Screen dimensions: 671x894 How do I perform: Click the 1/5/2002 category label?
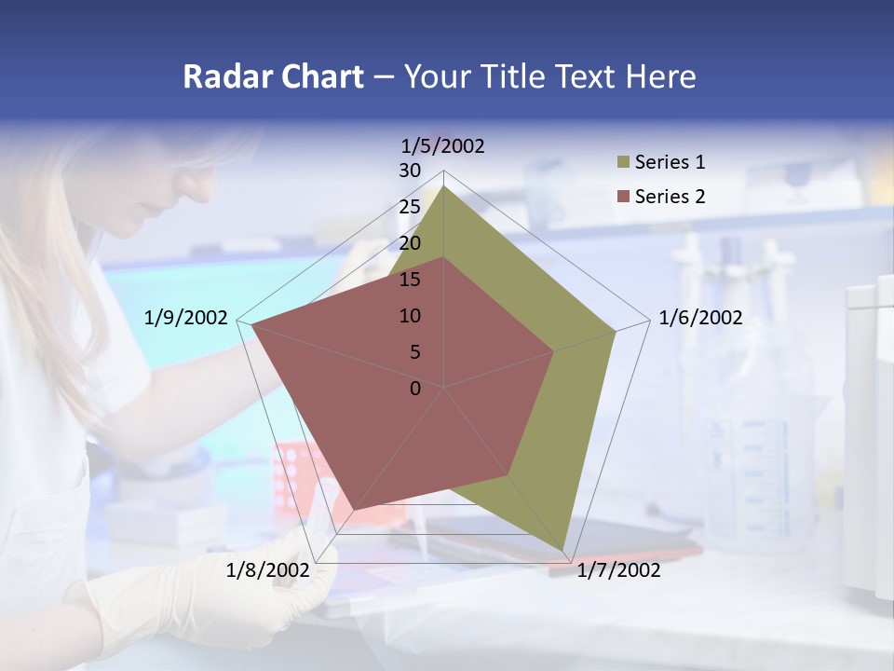click(443, 146)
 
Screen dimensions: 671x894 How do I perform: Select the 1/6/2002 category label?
click(700, 318)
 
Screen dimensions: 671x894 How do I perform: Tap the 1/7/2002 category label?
click(618, 569)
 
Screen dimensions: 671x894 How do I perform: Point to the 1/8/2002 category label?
click(268, 569)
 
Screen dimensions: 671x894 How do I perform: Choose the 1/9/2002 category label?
click(186, 318)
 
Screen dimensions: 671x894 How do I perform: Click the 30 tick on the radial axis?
click(410, 171)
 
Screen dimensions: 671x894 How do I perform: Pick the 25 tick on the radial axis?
click(410, 207)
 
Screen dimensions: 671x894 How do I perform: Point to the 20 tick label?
click(410, 243)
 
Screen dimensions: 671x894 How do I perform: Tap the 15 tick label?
click(410, 280)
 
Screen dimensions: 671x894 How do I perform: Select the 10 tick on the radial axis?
click(410, 316)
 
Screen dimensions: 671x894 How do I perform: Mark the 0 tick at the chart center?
click(415, 389)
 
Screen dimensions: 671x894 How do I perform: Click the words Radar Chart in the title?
click(273, 76)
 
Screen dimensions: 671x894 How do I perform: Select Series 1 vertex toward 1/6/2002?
click(616, 331)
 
